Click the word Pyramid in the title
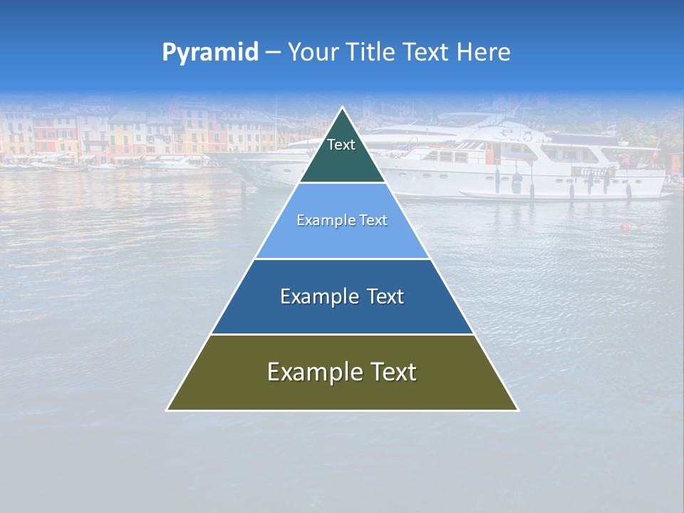(210, 52)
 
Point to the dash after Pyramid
(272, 53)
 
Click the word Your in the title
(313, 52)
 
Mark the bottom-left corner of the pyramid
(167, 410)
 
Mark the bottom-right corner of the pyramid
(517, 410)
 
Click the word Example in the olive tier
(311, 372)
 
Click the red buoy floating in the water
(625, 227)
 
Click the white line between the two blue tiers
(342, 259)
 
